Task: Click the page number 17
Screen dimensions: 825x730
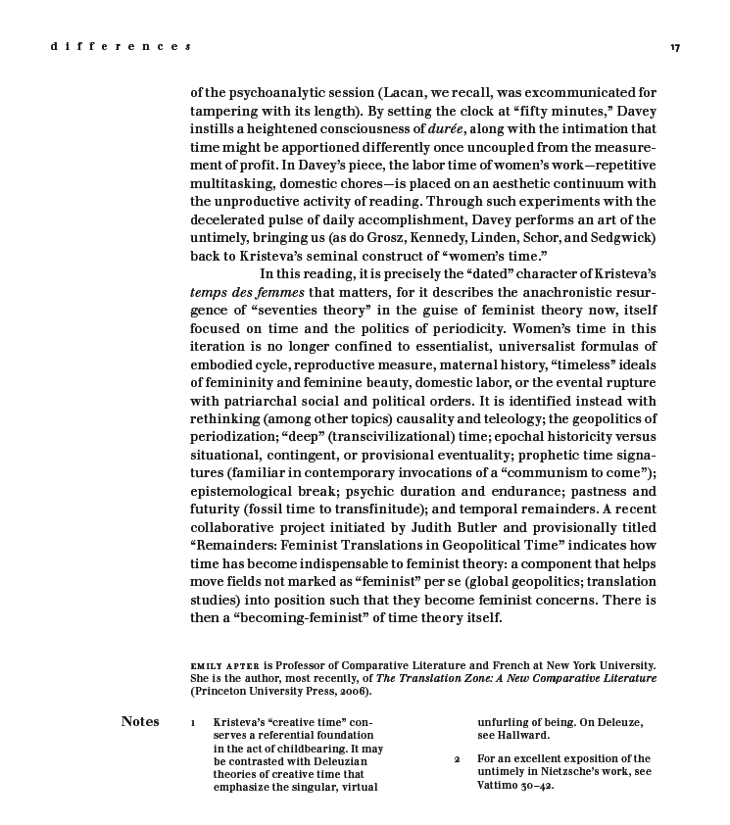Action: pyautogui.click(x=675, y=47)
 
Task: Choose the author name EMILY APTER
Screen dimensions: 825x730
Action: pyautogui.click(x=225, y=666)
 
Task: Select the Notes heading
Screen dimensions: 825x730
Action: pyautogui.click(x=140, y=722)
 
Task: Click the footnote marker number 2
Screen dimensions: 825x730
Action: pyautogui.click(x=457, y=759)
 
